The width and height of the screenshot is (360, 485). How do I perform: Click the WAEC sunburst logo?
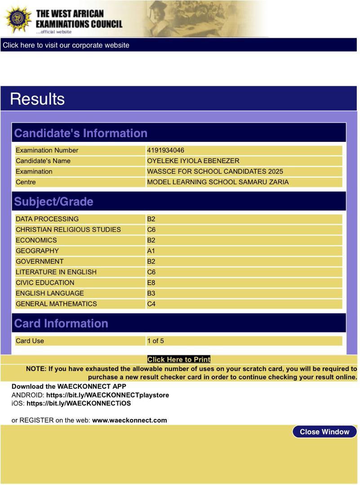pos(18,19)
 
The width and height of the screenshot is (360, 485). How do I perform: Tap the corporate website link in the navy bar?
pos(66,45)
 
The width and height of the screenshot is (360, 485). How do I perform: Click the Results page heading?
pos(37,99)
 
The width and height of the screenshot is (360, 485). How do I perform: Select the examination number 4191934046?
pos(165,150)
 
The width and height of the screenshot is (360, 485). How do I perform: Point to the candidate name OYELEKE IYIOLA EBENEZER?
pos(193,161)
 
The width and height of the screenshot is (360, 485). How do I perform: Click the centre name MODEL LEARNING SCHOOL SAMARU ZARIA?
pos(218,182)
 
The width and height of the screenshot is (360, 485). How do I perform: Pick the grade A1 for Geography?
pos(151,251)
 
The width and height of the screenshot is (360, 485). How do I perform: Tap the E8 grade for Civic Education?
pos(151,282)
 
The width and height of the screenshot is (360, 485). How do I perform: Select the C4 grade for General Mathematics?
pos(151,304)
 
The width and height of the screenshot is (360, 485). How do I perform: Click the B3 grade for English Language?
pos(151,293)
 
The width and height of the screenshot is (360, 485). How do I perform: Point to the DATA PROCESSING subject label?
pos(47,219)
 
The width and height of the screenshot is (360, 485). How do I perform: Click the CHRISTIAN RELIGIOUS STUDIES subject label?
pos(68,229)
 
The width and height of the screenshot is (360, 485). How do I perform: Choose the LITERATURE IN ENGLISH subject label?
pos(56,272)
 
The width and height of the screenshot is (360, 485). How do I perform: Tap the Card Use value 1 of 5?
pos(156,341)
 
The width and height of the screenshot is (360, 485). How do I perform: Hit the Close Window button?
pos(324,432)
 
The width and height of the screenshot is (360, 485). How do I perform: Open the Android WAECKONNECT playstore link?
pos(107,395)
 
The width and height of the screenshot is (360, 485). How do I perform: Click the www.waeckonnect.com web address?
pos(129,420)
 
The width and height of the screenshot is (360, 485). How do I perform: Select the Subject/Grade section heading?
pos(53,201)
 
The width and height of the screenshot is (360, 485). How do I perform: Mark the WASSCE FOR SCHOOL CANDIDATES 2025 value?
pos(215,171)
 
